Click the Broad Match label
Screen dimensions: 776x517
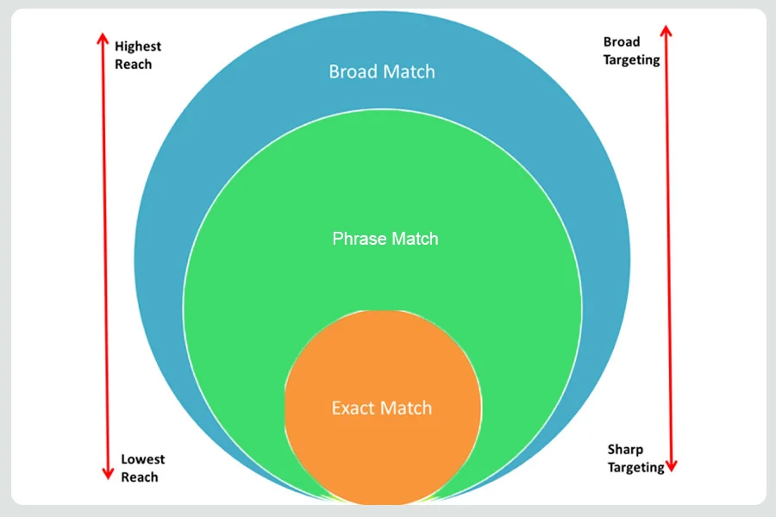(x=382, y=72)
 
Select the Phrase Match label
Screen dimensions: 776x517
(x=385, y=239)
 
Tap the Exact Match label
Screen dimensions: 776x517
(x=382, y=408)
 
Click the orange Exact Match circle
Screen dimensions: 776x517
(x=383, y=408)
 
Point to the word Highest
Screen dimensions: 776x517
(x=138, y=47)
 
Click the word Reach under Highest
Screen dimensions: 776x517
(x=133, y=65)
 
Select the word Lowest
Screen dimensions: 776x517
(x=143, y=459)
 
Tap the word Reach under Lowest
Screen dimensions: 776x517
(x=140, y=477)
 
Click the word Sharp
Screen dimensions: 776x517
(x=626, y=450)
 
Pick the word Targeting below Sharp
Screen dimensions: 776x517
(x=636, y=468)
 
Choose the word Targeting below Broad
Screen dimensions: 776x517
(x=631, y=59)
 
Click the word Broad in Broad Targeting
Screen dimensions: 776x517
(x=622, y=41)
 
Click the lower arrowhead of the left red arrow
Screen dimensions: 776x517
(x=108, y=475)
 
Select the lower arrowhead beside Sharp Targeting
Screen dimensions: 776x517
(x=671, y=466)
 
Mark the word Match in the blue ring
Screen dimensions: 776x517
(x=409, y=72)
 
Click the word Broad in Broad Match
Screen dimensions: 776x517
(x=354, y=72)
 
